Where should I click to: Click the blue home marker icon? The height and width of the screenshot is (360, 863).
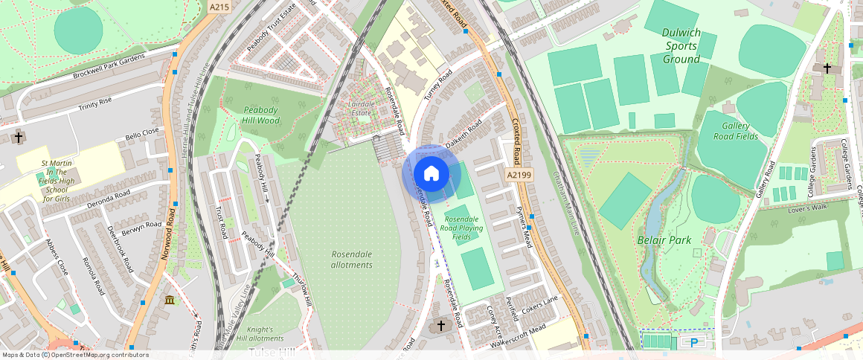(431, 174)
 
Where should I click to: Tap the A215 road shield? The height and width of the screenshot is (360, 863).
(219, 7)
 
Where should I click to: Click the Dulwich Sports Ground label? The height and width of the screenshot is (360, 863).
(681, 45)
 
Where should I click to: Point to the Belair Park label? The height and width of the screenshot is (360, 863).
(664, 240)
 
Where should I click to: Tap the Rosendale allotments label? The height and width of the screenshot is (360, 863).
(351, 260)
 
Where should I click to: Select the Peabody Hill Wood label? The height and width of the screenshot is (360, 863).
(261, 115)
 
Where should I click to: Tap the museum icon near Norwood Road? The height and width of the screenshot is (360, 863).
(170, 300)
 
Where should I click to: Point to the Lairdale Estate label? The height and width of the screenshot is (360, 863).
(361, 109)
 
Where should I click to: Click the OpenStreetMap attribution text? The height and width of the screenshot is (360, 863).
(76, 355)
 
